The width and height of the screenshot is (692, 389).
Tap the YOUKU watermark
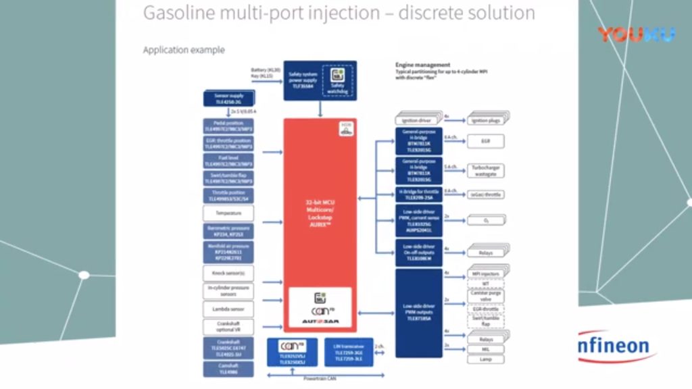(x=636, y=34)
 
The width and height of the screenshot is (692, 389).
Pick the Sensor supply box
(x=228, y=99)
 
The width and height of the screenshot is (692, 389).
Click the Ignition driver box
(x=417, y=120)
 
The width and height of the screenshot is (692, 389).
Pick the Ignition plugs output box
(x=486, y=120)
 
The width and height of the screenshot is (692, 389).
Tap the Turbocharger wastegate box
(x=486, y=170)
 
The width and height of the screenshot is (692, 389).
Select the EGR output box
(x=486, y=142)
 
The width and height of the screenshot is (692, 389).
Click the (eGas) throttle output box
(x=486, y=194)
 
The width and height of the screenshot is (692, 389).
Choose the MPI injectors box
(x=486, y=274)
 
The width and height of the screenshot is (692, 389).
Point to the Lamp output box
(x=486, y=359)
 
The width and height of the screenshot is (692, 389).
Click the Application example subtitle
(x=184, y=50)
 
